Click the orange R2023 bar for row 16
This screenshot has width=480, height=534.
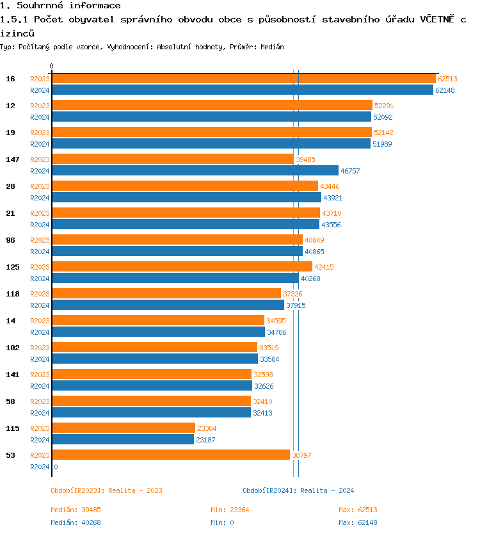click(243, 79)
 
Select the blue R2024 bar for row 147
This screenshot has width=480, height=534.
click(195, 171)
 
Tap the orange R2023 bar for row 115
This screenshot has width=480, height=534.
click(124, 428)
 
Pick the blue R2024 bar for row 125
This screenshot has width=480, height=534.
click(175, 279)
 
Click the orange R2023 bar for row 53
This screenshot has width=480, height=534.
click(171, 455)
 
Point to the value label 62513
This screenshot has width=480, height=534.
click(447, 79)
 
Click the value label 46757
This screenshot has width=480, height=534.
click(350, 171)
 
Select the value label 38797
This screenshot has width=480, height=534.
click(301, 455)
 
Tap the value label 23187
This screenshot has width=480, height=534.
click(205, 440)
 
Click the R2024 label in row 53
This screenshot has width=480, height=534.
click(40, 467)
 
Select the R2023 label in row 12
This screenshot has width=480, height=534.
click(40, 106)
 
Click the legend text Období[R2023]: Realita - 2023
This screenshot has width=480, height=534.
click(106, 490)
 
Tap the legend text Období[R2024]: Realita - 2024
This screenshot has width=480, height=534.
click(298, 490)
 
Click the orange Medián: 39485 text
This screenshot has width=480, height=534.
click(76, 510)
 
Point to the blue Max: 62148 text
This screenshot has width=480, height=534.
click(358, 522)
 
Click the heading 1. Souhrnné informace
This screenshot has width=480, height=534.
click(60, 6)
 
